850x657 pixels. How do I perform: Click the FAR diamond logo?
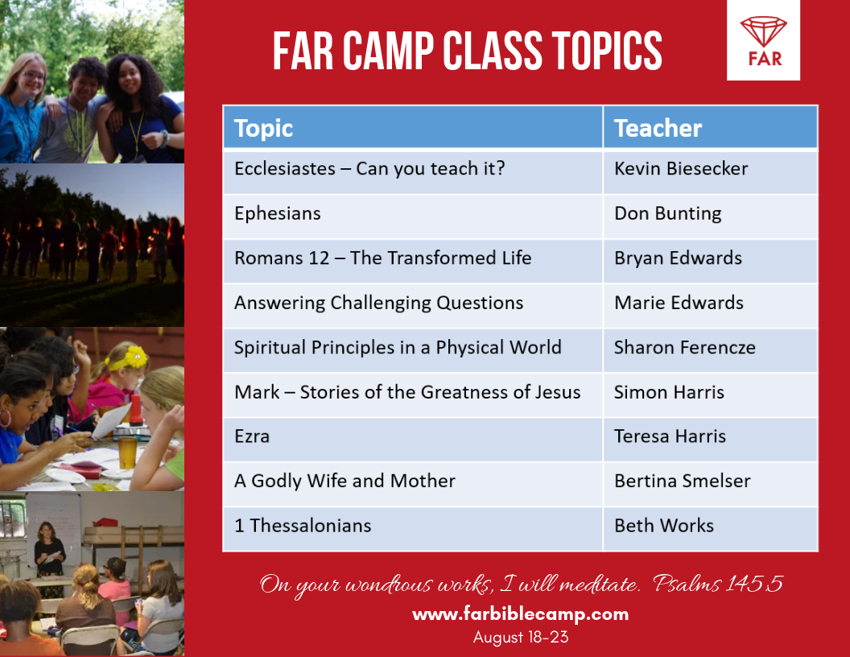(763, 40)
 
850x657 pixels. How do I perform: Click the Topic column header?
(263, 128)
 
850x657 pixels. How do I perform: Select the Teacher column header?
(658, 128)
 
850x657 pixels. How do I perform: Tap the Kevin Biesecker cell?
(681, 168)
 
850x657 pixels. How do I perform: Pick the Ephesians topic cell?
(278, 213)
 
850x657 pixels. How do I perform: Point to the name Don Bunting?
(667, 213)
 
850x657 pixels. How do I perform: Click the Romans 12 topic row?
(382, 258)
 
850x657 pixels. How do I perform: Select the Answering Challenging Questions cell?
(378, 304)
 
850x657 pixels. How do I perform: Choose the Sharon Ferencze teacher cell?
(684, 348)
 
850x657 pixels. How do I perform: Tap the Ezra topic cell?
(252, 436)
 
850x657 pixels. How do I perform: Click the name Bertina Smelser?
(682, 481)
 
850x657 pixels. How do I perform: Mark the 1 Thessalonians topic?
(303, 526)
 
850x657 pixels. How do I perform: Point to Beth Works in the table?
(664, 526)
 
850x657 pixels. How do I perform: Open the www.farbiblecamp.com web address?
(520, 614)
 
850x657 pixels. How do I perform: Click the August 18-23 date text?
(520, 638)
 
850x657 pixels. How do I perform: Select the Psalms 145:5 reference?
(718, 584)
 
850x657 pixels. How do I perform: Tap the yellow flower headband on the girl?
(134, 357)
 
